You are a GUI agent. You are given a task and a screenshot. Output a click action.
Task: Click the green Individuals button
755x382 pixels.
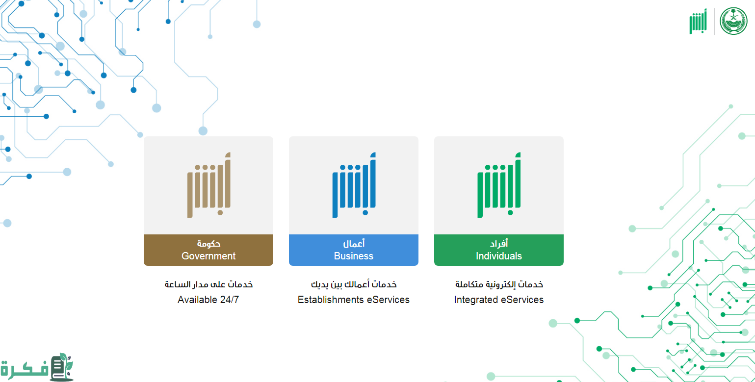[498, 250]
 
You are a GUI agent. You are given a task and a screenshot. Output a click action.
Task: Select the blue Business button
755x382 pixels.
[354, 250]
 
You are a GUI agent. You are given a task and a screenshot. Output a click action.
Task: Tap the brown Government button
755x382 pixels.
[208, 250]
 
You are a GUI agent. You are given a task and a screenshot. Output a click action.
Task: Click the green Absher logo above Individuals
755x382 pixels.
[499, 185]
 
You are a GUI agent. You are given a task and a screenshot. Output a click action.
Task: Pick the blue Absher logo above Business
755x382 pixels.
[354, 185]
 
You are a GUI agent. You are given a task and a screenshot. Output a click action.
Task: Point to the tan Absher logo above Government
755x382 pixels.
[209, 185]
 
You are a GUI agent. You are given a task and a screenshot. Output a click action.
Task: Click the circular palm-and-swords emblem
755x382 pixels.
[733, 21]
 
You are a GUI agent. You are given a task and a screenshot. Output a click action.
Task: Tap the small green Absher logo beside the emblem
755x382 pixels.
[698, 21]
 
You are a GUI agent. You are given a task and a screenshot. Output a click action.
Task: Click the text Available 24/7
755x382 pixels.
[208, 300]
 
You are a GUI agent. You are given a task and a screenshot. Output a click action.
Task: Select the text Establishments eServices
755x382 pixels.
[354, 300]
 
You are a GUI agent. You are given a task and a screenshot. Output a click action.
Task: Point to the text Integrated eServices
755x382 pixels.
[499, 300]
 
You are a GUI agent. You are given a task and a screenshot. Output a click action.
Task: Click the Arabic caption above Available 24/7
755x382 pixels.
[208, 284]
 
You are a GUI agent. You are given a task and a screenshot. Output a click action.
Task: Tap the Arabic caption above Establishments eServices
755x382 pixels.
[354, 284]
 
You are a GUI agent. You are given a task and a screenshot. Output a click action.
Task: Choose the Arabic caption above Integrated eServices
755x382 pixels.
[499, 284]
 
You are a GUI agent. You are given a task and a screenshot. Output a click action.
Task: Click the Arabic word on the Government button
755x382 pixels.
[208, 243]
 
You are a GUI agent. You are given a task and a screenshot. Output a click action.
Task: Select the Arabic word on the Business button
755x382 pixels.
[354, 243]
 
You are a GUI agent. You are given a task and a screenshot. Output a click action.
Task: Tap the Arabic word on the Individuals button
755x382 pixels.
[499, 243]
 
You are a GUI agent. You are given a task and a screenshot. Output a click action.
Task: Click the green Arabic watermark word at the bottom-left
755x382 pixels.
[24, 368]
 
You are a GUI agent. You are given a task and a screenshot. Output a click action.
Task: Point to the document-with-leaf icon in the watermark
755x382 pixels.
[61, 367]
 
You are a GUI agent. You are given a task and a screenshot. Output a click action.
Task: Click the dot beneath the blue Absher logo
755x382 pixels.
[365, 213]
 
